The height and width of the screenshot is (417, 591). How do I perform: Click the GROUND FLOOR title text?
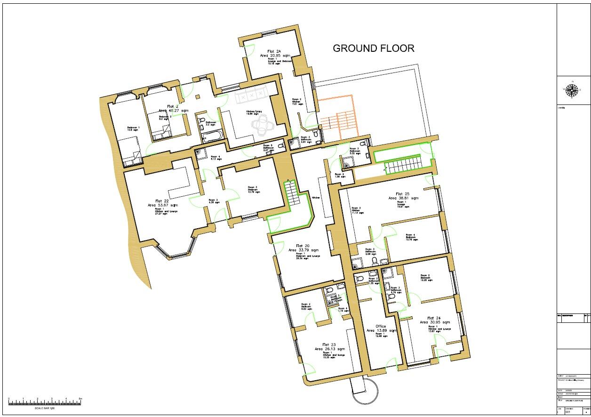pos(374,48)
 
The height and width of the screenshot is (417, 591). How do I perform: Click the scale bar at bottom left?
pos(45,402)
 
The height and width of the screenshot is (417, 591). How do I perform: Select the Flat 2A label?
pos(274,51)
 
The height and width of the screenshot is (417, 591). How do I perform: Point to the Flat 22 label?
pos(162,201)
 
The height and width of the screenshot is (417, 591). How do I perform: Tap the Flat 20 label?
pos(303,246)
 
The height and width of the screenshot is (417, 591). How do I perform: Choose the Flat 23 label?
pos(329,345)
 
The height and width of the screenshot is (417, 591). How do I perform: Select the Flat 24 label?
pos(434,318)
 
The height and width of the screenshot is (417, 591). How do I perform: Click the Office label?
pos(381,326)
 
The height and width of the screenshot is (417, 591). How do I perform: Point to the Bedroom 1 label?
pos(133,128)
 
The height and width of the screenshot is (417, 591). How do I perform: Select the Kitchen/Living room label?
pos(254,112)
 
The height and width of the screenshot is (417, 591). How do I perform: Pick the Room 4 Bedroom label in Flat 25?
pos(411,237)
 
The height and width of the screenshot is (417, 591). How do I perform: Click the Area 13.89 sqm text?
pos(382,331)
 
